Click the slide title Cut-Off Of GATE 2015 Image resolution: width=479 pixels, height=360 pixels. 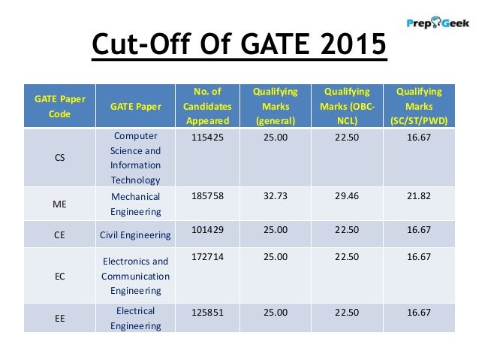click(x=239, y=47)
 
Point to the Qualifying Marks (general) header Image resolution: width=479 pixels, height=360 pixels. click(x=275, y=105)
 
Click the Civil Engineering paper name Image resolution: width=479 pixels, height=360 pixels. click(x=135, y=235)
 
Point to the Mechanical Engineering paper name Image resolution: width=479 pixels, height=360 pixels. click(x=135, y=203)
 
